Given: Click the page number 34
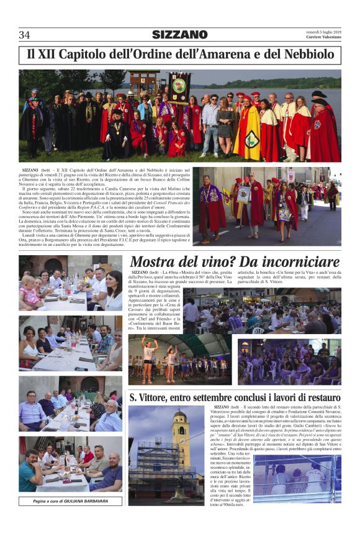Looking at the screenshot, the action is pyautogui.click(x=25, y=34).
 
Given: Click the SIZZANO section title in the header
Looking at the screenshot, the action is pyautogui.click(x=180, y=34).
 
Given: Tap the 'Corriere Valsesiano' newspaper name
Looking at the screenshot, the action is pyautogui.click(x=323, y=37).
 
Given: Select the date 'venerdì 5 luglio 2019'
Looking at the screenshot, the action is pyautogui.click(x=323, y=31).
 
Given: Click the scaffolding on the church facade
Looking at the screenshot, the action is pyautogui.click(x=151, y=469).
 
